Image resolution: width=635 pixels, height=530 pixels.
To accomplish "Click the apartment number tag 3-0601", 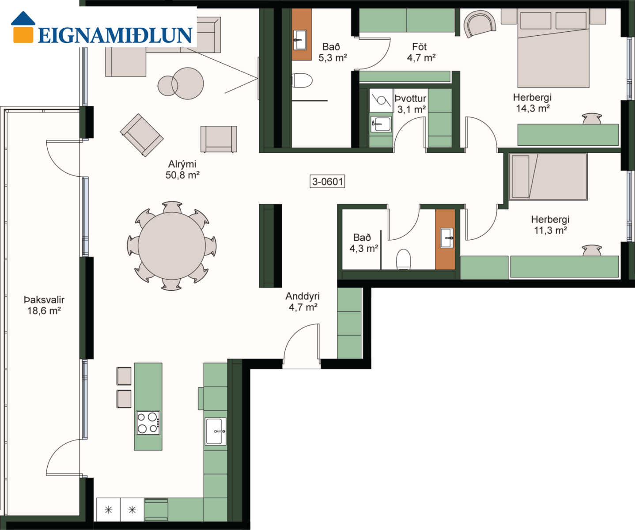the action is [327, 182].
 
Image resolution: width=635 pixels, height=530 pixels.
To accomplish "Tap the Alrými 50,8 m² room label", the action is [182, 170].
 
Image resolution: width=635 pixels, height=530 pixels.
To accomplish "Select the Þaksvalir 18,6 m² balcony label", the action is [44, 305].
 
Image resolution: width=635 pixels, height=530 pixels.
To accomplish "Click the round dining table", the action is [172, 246].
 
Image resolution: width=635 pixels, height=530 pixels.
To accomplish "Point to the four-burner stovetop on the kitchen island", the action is [148, 423].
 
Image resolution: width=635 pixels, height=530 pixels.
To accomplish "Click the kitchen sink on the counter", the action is [215, 432].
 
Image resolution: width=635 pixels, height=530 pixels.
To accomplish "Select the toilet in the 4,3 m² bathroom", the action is [404, 259].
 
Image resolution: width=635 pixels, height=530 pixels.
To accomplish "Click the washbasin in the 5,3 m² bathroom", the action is [300, 40].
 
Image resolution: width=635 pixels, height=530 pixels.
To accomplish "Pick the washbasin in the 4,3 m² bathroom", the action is [447, 238].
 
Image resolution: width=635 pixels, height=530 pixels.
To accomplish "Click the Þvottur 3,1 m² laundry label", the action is [411, 104].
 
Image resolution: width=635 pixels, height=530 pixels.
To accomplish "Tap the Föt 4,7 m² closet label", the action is [421, 52].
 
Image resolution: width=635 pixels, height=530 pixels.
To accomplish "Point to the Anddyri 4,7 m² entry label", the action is [302, 302].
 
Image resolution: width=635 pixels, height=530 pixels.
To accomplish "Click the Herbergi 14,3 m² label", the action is [532, 103].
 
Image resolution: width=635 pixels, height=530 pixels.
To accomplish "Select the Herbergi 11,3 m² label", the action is [551, 225].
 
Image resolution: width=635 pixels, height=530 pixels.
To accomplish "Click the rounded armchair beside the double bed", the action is [480, 24].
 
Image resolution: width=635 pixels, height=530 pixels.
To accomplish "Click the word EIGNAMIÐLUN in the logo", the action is [115, 36].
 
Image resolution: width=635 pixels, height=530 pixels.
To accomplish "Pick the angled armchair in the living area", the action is [142, 135].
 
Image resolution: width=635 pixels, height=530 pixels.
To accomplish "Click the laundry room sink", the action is [381, 124].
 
